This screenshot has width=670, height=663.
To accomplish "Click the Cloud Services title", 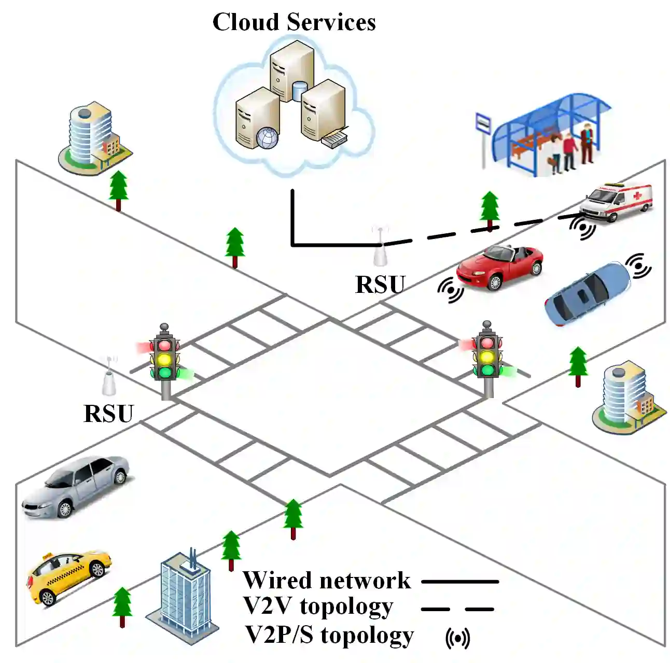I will click(294, 22).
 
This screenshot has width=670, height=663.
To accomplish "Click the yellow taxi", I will click(69, 576).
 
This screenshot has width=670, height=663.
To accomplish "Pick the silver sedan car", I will click(76, 486).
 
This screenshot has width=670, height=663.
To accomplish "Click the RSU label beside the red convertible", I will click(380, 285).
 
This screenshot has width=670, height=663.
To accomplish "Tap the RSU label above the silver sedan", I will click(108, 413).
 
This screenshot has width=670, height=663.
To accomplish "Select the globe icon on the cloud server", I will click(268, 138).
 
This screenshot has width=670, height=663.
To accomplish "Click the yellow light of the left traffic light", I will click(164, 359).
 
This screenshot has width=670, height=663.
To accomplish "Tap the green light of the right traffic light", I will click(487, 370).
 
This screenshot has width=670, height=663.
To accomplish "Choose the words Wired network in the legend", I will click(326, 580).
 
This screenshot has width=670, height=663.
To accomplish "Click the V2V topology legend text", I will click(318, 606).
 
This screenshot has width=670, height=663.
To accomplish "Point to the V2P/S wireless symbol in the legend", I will click(458, 639).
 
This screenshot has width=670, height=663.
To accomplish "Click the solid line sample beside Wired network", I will click(460, 582).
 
